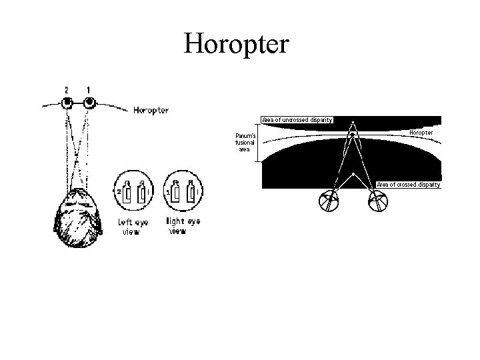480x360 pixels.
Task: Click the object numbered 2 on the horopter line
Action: (x=67, y=103)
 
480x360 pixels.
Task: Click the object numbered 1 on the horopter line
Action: (x=89, y=103)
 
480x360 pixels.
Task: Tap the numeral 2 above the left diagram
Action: (x=67, y=89)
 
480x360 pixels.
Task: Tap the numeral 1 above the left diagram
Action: (x=88, y=89)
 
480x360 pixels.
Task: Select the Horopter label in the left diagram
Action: (x=151, y=110)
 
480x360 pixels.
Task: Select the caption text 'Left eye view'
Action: (x=133, y=227)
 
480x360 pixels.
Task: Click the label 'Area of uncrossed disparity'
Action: (x=297, y=120)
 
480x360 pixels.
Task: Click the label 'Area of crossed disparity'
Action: (x=408, y=184)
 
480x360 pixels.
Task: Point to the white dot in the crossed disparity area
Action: (x=353, y=173)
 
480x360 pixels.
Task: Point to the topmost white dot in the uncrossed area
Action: (x=353, y=122)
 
